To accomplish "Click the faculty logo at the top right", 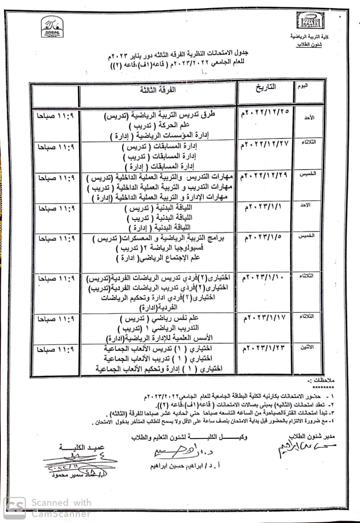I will pyautogui.click(x=309, y=20).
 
